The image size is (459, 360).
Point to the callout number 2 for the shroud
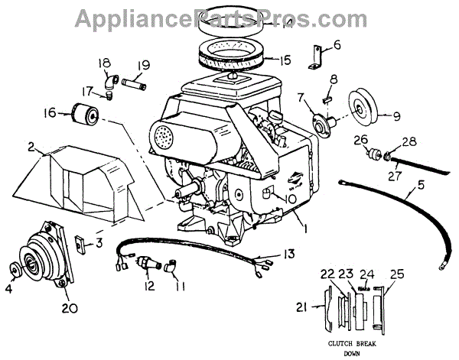(31, 146)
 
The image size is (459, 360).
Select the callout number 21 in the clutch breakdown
(301, 307)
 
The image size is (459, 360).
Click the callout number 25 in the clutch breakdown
(396, 273)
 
